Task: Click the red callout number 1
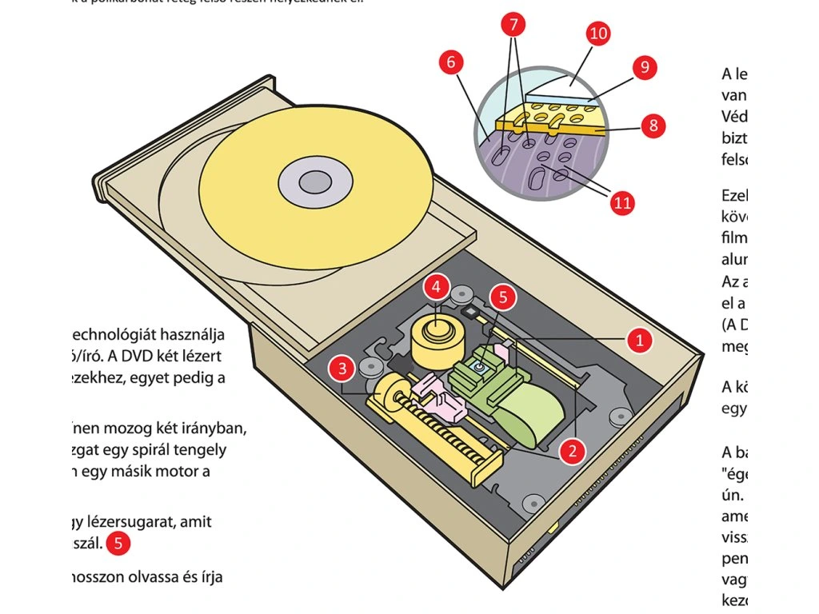pos(638,340)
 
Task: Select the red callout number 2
pos(570,451)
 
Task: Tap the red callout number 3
pos(342,369)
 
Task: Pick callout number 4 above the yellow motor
pos(435,285)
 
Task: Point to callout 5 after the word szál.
pos(118,544)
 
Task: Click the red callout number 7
pos(515,25)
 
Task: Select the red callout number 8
pos(653,126)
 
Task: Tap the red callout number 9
pos(643,68)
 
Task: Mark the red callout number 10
pos(597,34)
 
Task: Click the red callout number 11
pos(621,202)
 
